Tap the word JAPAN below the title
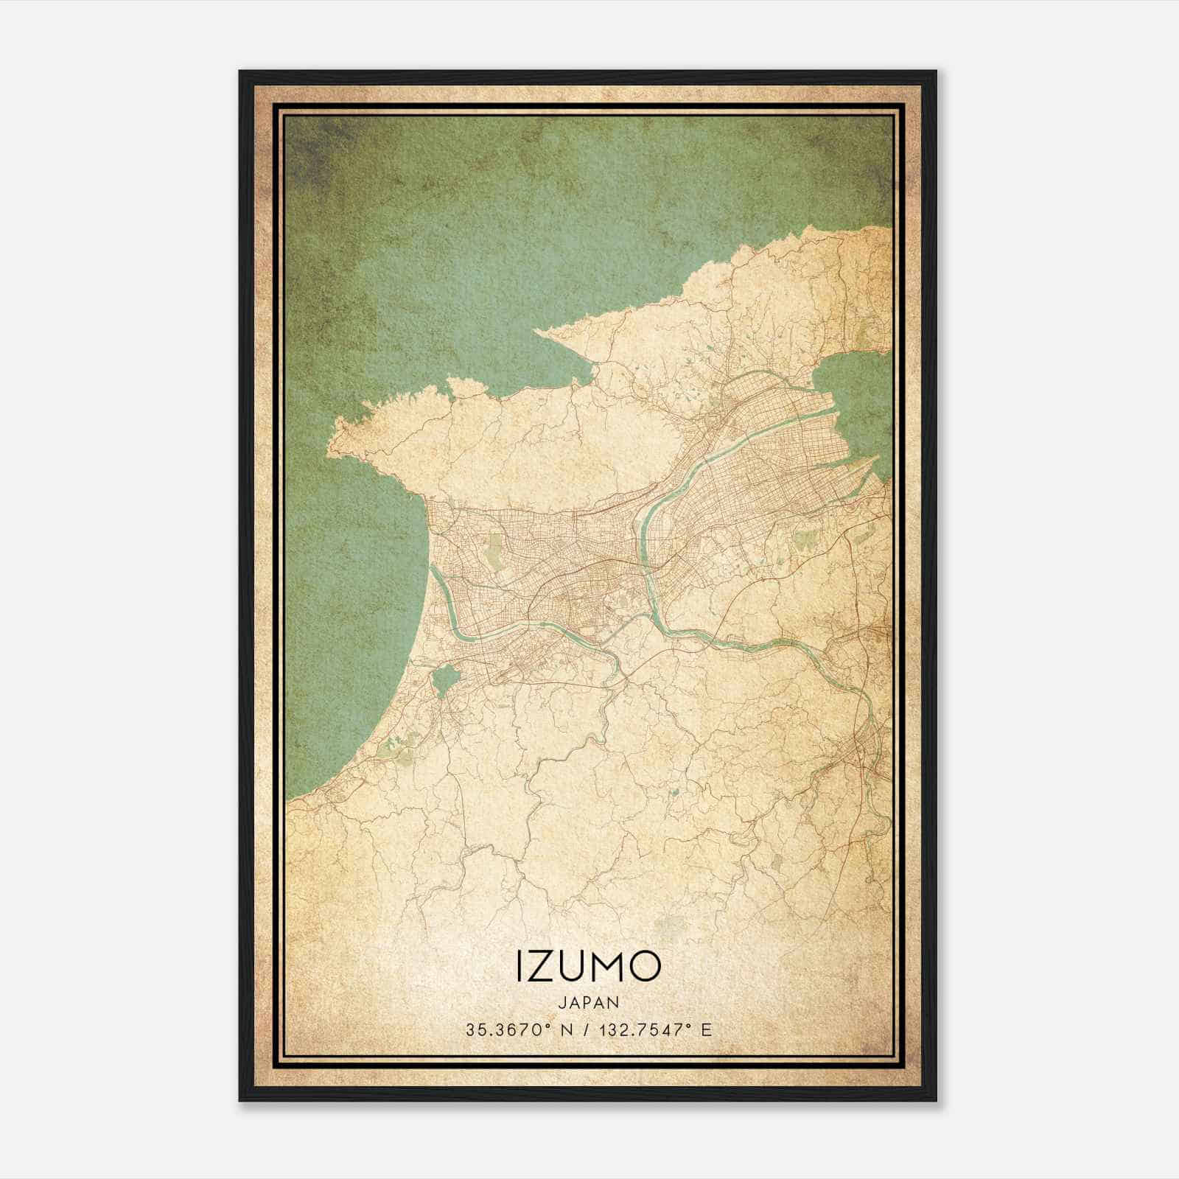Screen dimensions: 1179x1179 click(x=589, y=1002)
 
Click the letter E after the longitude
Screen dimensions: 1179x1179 click(x=707, y=1030)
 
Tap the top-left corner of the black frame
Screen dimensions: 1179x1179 click(x=240, y=71)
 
